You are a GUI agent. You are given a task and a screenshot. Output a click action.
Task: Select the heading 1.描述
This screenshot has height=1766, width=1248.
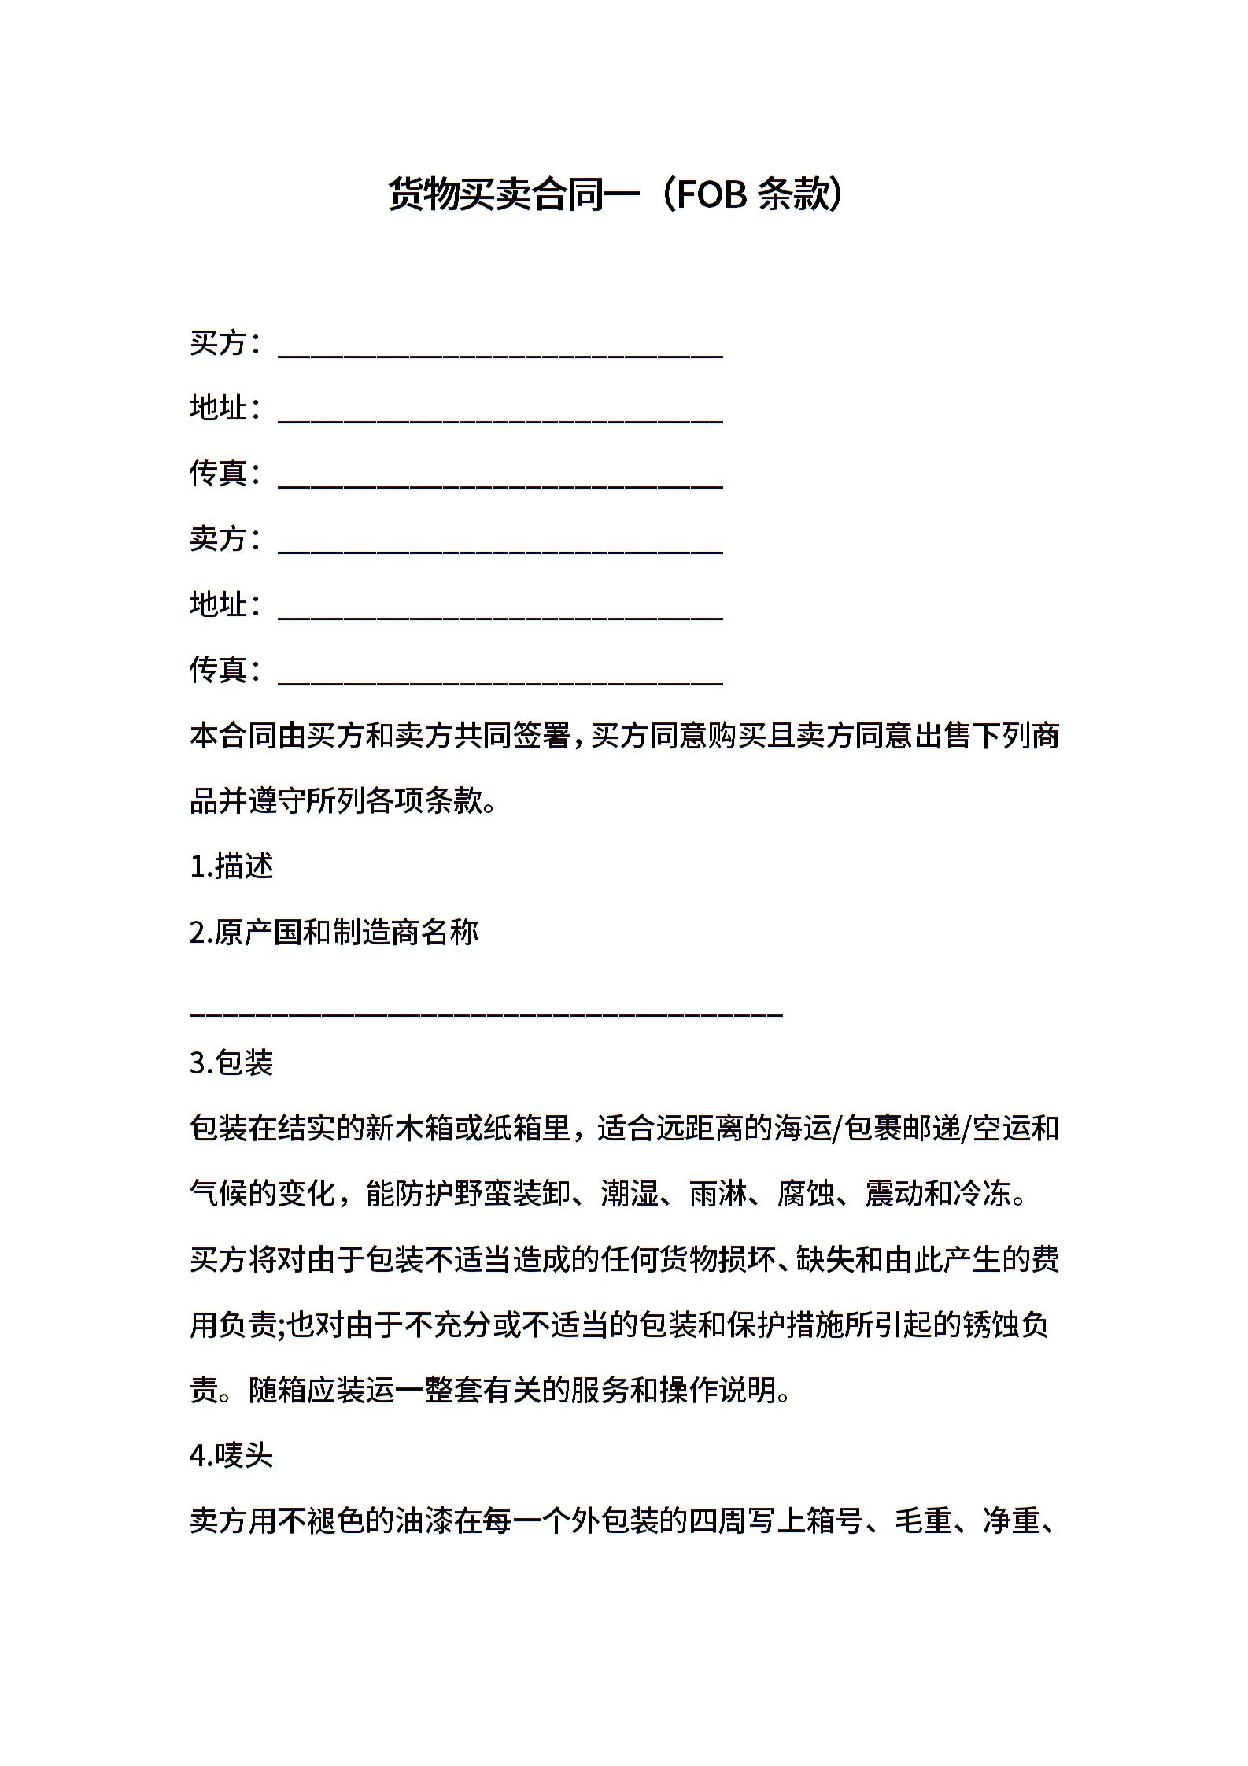tap(231, 866)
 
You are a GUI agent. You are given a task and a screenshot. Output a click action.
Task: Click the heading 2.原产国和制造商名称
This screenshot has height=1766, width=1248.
tap(334, 933)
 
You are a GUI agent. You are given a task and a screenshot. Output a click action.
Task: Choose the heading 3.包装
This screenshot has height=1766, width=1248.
tap(231, 1062)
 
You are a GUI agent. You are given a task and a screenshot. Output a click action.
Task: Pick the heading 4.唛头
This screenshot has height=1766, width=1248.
tap(231, 1456)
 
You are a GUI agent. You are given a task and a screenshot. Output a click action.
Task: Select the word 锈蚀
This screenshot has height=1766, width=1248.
tap(990, 1325)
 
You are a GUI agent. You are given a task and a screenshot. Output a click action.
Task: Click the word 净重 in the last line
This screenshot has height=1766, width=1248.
tap(1012, 1521)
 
